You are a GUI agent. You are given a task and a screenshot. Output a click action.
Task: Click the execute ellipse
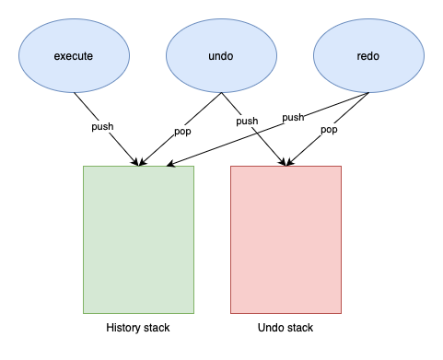(74, 55)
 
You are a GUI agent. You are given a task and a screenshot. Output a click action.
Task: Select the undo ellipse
(221, 55)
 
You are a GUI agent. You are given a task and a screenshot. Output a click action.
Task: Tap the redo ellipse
(368, 55)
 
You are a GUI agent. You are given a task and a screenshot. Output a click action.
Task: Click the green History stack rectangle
(138, 239)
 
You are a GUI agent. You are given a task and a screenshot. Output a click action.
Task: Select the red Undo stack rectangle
(286, 239)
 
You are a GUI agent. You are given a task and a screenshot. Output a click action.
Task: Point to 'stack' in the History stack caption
(157, 328)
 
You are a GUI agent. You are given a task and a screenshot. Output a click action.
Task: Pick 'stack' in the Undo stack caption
(299, 328)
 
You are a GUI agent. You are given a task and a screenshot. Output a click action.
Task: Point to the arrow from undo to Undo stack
(267, 143)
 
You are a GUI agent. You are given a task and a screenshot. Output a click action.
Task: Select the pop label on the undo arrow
(181, 131)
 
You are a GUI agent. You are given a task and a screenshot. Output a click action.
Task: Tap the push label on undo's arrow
(247, 121)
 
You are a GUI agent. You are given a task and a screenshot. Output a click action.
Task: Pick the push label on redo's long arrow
(293, 117)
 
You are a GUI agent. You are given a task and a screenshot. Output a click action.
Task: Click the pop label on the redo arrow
(329, 130)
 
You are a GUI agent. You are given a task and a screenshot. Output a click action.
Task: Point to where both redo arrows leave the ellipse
(368, 92)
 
